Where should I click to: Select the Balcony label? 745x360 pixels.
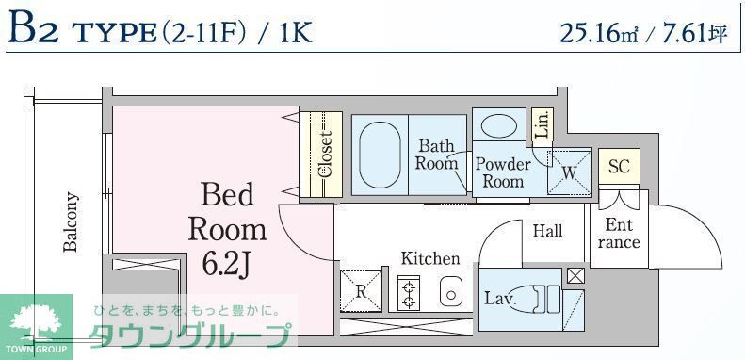[x=71, y=222]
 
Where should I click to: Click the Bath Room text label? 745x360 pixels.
[x=437, y=155]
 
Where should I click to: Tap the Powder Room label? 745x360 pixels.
[x=502, y=172]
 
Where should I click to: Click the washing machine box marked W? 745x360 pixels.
[x=570, y=172]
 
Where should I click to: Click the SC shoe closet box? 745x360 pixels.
[x=618, y=167]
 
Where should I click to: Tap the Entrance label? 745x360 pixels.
[x=619, y=234]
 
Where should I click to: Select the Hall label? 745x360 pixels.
[x=547, y=231]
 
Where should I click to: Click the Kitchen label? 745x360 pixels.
[x=430, y=258]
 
